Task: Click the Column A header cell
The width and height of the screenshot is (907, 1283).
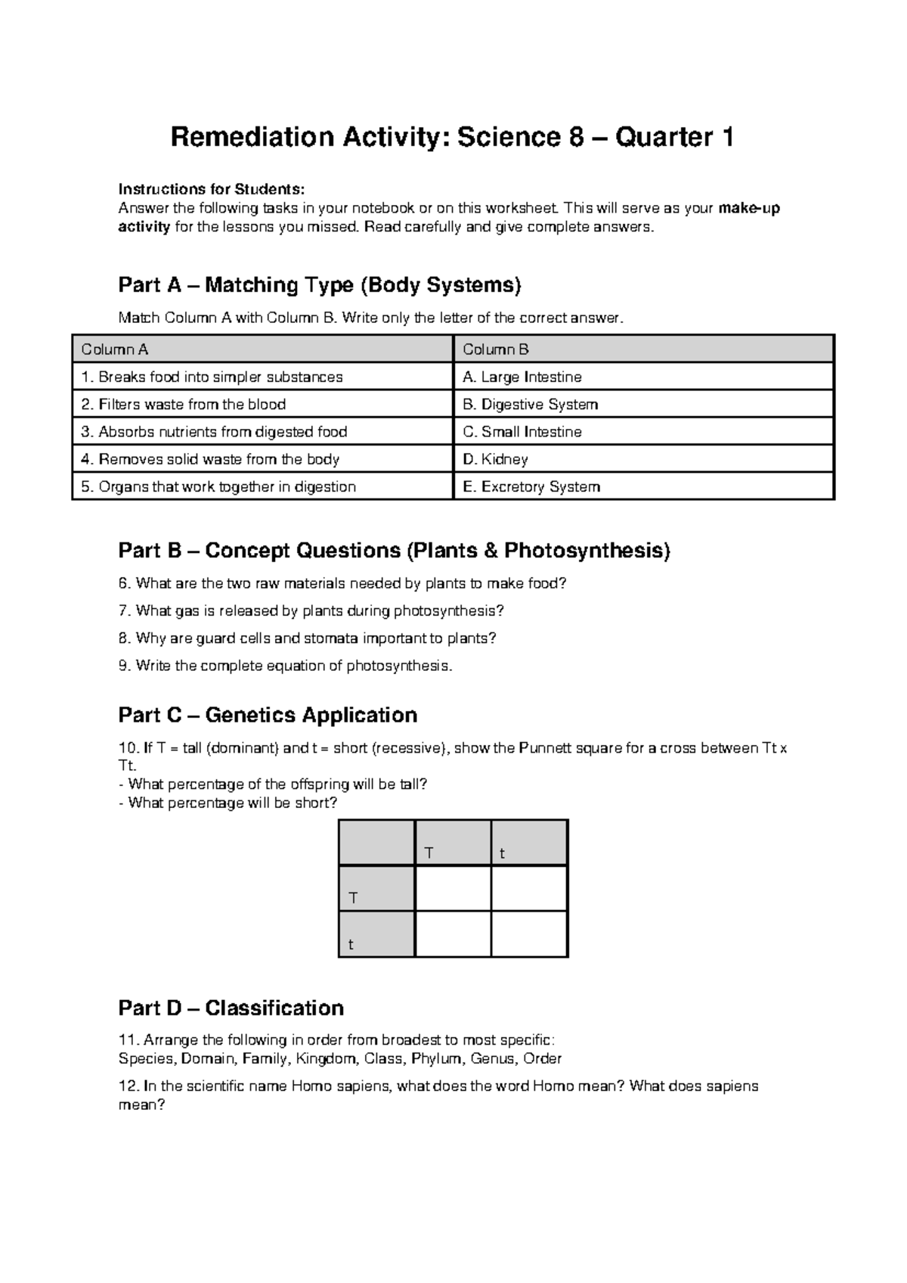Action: tap(262, 349)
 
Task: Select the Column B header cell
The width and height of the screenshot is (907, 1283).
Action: tap(643, 349)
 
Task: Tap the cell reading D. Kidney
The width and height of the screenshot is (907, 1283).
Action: tap(643, 459)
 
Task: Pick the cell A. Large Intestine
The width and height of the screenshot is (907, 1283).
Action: tap(643, 377)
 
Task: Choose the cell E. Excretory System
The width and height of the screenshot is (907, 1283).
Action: tap(643, 486)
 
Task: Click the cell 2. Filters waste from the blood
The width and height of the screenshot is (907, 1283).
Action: tap(262, 404)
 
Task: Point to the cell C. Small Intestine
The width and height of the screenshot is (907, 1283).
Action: tap(643, 432)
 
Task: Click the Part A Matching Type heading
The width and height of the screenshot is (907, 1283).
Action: tap(320, 285)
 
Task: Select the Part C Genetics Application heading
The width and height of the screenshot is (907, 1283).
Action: tap(268, 715)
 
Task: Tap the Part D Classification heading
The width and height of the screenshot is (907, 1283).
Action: tap(231, 1008)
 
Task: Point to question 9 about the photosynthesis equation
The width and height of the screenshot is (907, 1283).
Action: tap(286, 666)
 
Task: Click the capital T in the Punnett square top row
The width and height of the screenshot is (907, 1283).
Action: tap(429, 853)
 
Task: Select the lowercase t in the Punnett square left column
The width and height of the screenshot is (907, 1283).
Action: tap(351, 945)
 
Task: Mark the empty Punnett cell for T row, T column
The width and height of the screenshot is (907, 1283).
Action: tap(453, 888)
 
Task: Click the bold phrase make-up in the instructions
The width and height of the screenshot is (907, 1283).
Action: tap(750, 208)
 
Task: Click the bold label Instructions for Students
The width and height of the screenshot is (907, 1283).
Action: tap(211, 189)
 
